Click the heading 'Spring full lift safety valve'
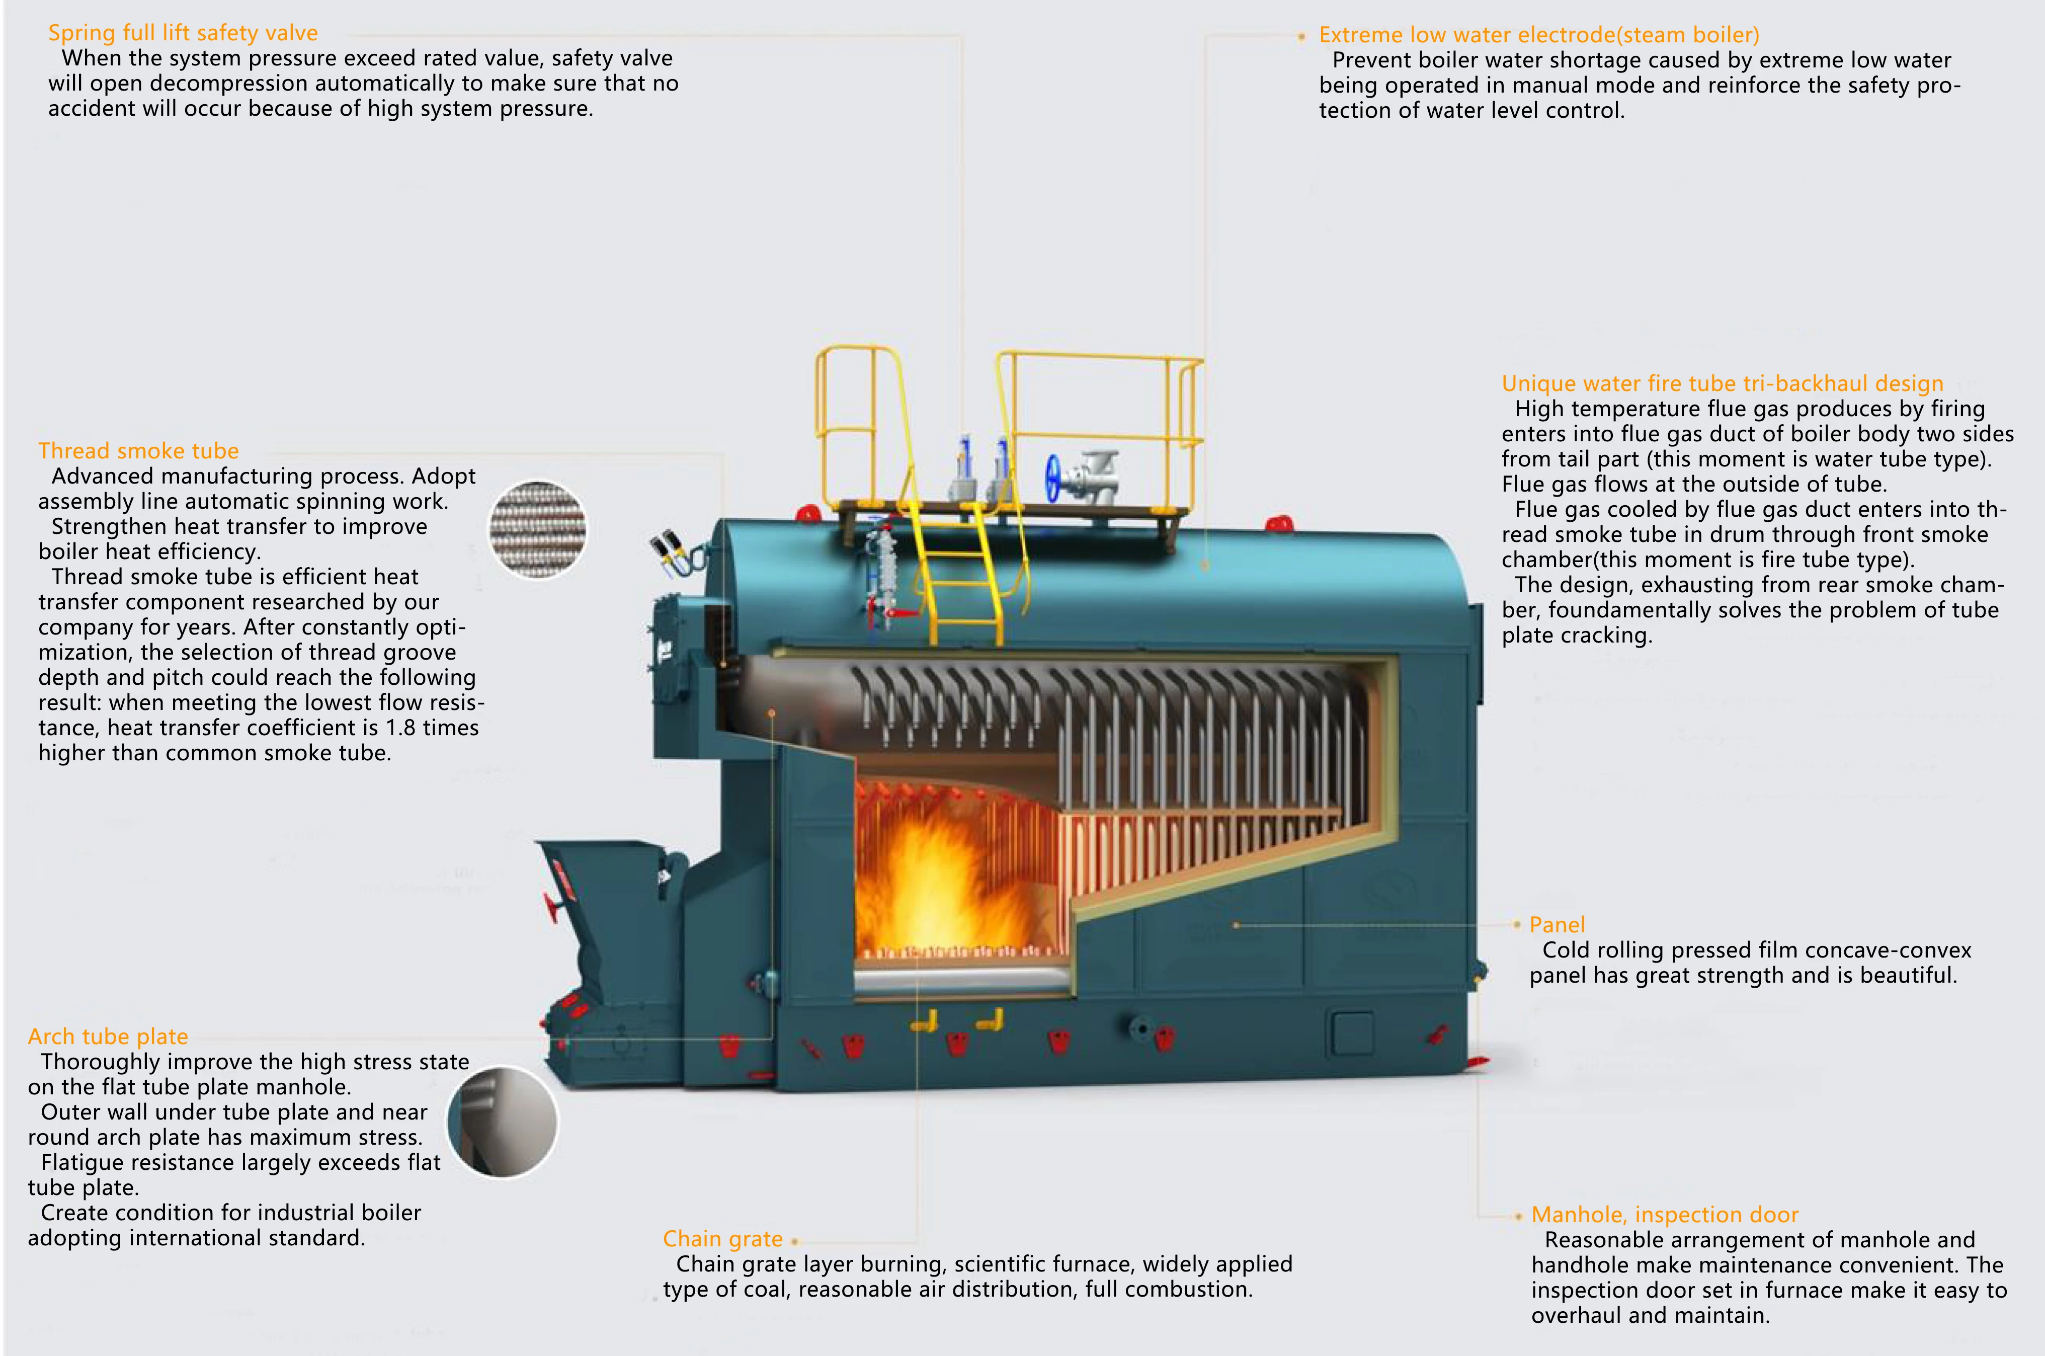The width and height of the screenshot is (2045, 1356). (x=183, y=33)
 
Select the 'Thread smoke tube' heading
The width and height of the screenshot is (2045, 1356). (x=138, y=450)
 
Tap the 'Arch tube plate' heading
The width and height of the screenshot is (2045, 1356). (x=108, y=1036)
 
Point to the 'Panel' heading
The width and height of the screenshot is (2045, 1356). (x=1557, y=924)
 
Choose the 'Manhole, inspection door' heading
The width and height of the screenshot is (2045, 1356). (x=1665, y=1214)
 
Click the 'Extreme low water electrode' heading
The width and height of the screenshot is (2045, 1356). (x=1538, y=35)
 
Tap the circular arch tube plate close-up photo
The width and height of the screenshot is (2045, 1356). (x=503, y=1122)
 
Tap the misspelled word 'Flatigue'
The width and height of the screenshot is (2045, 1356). (x=82, y=1162)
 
